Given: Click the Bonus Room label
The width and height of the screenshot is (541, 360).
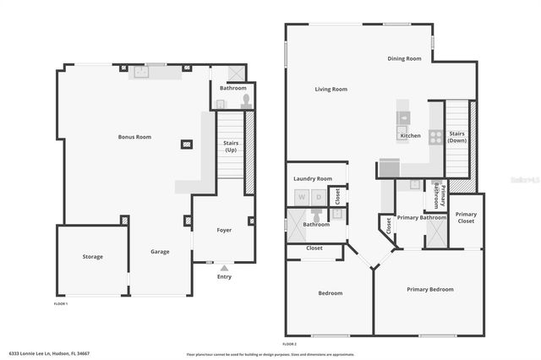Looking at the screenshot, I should pos(134,137).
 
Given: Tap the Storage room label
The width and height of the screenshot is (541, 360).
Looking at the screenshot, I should pos(93,257).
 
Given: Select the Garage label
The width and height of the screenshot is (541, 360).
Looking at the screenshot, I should pos(161,251).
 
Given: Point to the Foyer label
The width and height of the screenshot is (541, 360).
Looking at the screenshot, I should pos(224,230).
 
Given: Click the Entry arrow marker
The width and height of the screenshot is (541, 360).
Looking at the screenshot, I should pos(224,268).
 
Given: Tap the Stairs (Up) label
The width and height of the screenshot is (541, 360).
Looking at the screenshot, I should pos(230,146).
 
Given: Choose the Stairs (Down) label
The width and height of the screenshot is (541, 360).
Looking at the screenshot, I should pos(456,137).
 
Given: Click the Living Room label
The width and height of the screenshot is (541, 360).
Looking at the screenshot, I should pos(331,89).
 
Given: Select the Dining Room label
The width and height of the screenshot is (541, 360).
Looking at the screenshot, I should pos(404,58).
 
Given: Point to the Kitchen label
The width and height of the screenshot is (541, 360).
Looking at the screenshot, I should pos(410,136).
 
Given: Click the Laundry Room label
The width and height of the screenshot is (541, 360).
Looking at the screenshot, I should pos(313,179).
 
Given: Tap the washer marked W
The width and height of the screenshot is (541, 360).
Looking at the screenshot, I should pos(301,197).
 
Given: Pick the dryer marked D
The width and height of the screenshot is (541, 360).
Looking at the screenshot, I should pos(319,197).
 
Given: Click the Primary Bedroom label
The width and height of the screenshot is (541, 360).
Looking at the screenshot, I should pos(429,289).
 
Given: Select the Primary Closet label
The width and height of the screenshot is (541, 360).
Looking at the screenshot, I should pos(466,217).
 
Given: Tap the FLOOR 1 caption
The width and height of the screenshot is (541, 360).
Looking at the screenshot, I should pos(61,303).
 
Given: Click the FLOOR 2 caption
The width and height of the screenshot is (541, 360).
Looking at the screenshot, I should pos(290,344).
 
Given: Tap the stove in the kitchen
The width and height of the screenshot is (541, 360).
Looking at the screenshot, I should pos(436,134).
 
